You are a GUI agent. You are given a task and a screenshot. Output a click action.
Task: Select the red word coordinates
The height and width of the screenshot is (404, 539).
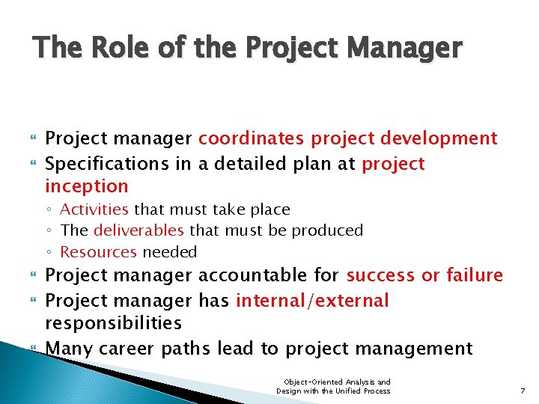pyautogui.click(x=252, y=138)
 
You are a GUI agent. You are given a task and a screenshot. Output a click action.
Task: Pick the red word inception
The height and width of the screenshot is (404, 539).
pyautogui.click(x=87, y=186)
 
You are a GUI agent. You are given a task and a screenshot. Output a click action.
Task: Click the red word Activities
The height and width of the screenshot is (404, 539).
pyautogui.click(x=94, y=209)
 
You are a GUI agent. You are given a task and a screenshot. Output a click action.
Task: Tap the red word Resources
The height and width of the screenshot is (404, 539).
pyautogui.click(x=99, y=252)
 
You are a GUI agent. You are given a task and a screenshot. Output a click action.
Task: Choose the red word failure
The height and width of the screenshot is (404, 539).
pyautogui.click(x=475, y=275)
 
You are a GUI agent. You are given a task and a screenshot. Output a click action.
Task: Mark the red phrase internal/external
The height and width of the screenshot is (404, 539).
pyautogui.click(x=312, y=301)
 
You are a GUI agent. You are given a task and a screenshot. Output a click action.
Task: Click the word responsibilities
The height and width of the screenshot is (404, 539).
pyautogui.click(x=114, y=323)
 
